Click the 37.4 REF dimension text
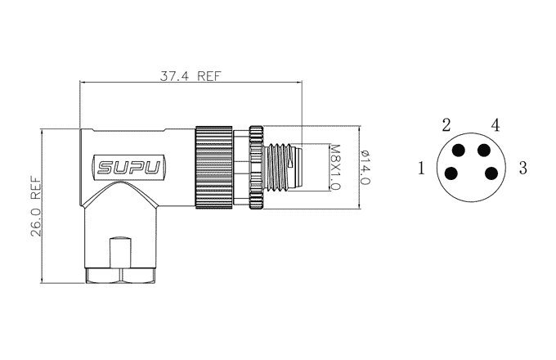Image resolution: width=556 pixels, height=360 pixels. tap(190, 76)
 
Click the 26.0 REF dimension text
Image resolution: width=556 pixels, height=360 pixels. tap(36, 206)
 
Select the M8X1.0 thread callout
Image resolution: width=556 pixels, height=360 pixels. tap(334, 167)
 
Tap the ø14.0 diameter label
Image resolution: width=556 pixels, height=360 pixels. tap(365, 167)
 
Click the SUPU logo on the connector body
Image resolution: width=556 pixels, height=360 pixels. tap(128, 168)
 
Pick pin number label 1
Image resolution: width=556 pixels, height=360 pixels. tap(421, 168)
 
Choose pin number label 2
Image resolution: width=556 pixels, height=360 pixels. tap(446, 125)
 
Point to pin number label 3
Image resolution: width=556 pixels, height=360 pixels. tap(523, 168)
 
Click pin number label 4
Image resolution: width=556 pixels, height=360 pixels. tap(495, 125)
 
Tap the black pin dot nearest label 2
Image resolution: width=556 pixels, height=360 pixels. tap(459, 151)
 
